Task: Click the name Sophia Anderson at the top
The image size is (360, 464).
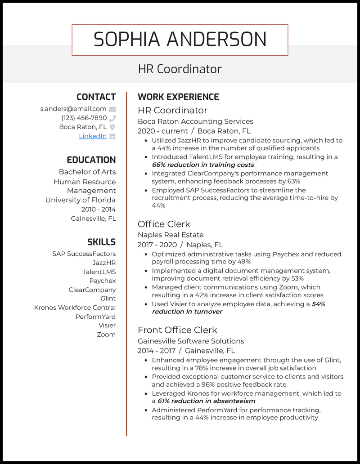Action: point(180,40)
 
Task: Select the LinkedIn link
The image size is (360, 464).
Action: point(93,136)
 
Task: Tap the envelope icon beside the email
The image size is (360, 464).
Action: point(112,109)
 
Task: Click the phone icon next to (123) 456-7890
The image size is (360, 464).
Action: point(112,118)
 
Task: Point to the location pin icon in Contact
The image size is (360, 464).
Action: point(112,127)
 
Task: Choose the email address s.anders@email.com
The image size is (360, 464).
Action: point(73,108)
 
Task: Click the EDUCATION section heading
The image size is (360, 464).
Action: point(91,160)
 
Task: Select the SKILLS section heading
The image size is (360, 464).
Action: point(101,242)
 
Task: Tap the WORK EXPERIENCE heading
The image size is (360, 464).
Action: point(178,97)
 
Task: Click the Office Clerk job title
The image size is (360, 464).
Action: point(164,224)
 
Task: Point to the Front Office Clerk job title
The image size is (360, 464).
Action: point(177,330)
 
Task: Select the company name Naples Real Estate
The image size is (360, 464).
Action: point(171,235)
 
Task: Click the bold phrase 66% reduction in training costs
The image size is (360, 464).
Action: point(203,165)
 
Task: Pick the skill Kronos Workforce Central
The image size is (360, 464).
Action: point(75,308)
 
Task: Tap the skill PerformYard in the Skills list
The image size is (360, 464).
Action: point(95,317)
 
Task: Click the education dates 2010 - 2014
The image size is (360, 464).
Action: point(99,210)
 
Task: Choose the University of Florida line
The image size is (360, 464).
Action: point(81,200)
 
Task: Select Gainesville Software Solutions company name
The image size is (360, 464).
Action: point(191,341)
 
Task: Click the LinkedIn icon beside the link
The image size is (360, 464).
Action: point(112,136)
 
